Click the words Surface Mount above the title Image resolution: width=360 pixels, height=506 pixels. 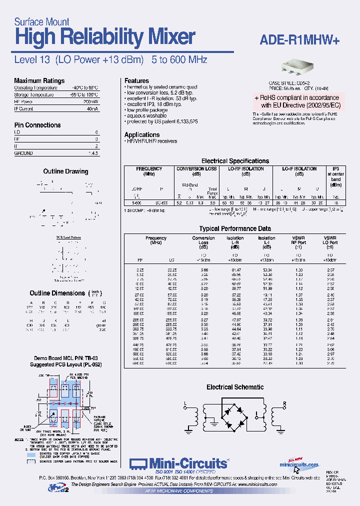41,21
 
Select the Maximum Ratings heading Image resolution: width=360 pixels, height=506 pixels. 39,80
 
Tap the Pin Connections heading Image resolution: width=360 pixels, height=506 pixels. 37,125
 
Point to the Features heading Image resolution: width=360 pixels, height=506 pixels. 136,80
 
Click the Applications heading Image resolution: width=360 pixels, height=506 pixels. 142,134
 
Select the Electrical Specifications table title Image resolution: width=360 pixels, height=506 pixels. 235,161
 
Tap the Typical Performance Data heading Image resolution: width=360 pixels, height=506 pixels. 234,228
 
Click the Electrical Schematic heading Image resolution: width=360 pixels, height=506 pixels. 235,387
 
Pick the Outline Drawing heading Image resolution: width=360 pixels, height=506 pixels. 65,171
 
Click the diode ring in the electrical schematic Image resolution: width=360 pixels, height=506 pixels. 233,418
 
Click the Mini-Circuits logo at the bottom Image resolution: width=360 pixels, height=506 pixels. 179,463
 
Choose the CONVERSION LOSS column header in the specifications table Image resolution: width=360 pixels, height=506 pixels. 196,171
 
